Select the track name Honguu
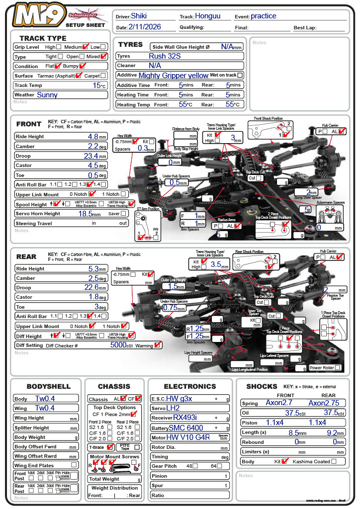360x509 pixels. [208, 16]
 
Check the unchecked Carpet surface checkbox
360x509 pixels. [103, 76]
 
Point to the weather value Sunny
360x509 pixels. [47, 94]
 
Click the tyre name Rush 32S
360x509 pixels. [164, 56]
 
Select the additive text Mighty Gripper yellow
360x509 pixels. [173, 75]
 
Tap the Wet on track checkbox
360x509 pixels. [240, 75]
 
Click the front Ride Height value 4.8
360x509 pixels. [93, 136]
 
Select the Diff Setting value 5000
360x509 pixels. [121, 344]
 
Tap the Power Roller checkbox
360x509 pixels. [338, 367]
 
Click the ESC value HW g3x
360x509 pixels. [179, 398]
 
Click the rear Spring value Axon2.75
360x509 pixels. [322, 403]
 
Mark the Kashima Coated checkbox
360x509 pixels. [334, 461]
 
